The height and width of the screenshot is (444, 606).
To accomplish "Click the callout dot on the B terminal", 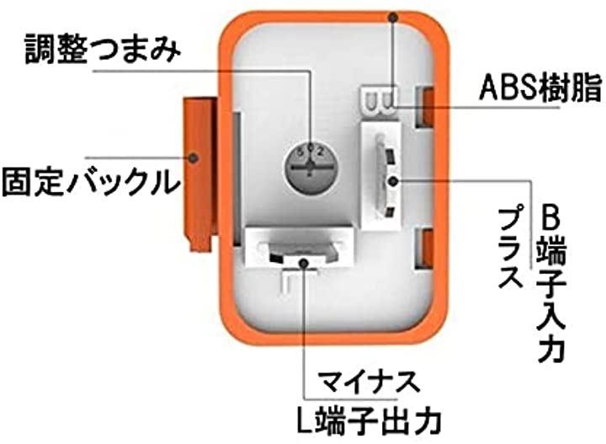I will (x=393, y=179).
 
